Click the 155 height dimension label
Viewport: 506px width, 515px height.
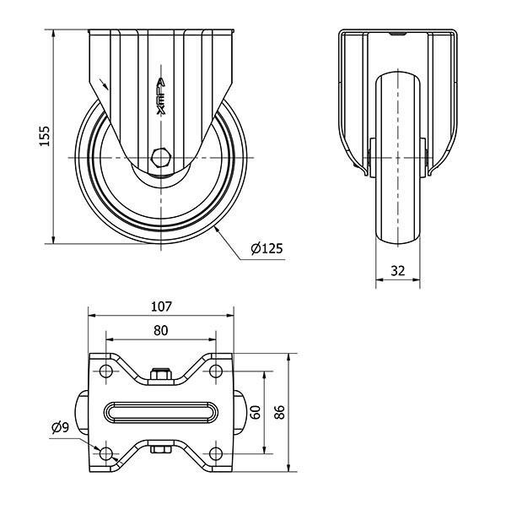45,136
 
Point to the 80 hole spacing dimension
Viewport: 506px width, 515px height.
160,331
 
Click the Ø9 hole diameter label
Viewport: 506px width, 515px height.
60,427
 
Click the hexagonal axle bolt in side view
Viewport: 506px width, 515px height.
160,157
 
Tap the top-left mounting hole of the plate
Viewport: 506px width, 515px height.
105,371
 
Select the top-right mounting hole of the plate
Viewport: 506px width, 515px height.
215,371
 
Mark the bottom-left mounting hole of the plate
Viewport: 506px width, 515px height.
105,454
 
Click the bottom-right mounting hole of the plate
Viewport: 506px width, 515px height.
215,454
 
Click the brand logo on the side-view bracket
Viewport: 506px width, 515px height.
161,95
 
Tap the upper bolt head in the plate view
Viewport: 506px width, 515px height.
160,374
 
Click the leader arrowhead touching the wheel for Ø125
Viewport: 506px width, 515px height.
217,228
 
